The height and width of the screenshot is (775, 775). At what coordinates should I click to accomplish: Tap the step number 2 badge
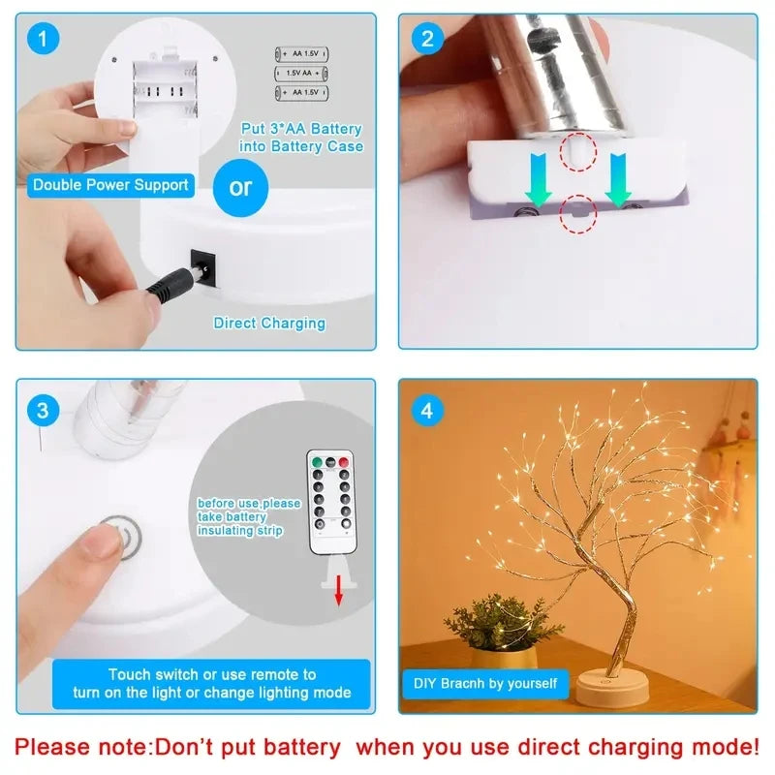(426, 40)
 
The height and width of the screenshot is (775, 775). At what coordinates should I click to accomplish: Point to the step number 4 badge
(426, 409)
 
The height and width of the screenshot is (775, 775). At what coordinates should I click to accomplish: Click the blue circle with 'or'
(240, 186)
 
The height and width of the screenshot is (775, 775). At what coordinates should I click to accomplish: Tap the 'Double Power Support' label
(110, 185)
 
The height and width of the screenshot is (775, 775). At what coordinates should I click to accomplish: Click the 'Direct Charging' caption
(269, 323)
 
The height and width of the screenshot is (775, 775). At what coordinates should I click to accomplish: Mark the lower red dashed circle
(577, 216)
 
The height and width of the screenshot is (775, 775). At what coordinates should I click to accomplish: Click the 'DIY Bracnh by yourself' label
(485, 683)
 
